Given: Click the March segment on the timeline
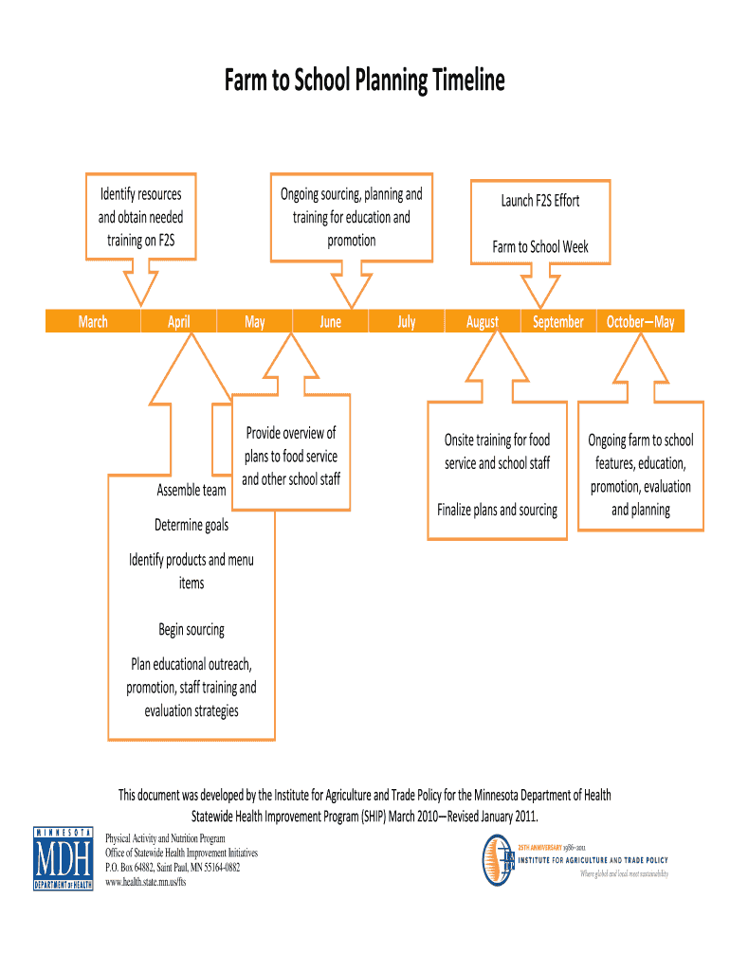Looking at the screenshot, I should (x=93, y=322).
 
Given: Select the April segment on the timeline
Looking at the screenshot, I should (x=178, y=322).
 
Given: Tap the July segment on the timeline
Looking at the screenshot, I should (x=406, y=322).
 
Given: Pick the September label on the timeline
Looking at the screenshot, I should (x=557, y=322).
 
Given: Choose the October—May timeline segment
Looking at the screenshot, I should (x=640, y=322).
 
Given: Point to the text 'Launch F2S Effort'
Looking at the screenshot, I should (x=540, y=201).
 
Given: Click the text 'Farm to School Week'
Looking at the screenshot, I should (x=540, y=247).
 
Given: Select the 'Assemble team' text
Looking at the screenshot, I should (x=192, y=490).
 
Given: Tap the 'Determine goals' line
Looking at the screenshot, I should (x=192, y=525).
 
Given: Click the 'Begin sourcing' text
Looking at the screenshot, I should (x=192, y=630).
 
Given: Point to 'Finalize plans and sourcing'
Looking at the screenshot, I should (x=497, y=510).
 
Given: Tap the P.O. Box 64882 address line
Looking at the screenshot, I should (x=172, y=867).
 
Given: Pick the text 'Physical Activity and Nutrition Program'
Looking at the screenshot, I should (x=165, y=838).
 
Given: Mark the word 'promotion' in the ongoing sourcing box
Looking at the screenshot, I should (x=351, y=241).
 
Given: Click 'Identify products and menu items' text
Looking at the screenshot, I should (x=192, y=571).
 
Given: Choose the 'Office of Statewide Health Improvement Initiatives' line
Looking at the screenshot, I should (x=180, y=853).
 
